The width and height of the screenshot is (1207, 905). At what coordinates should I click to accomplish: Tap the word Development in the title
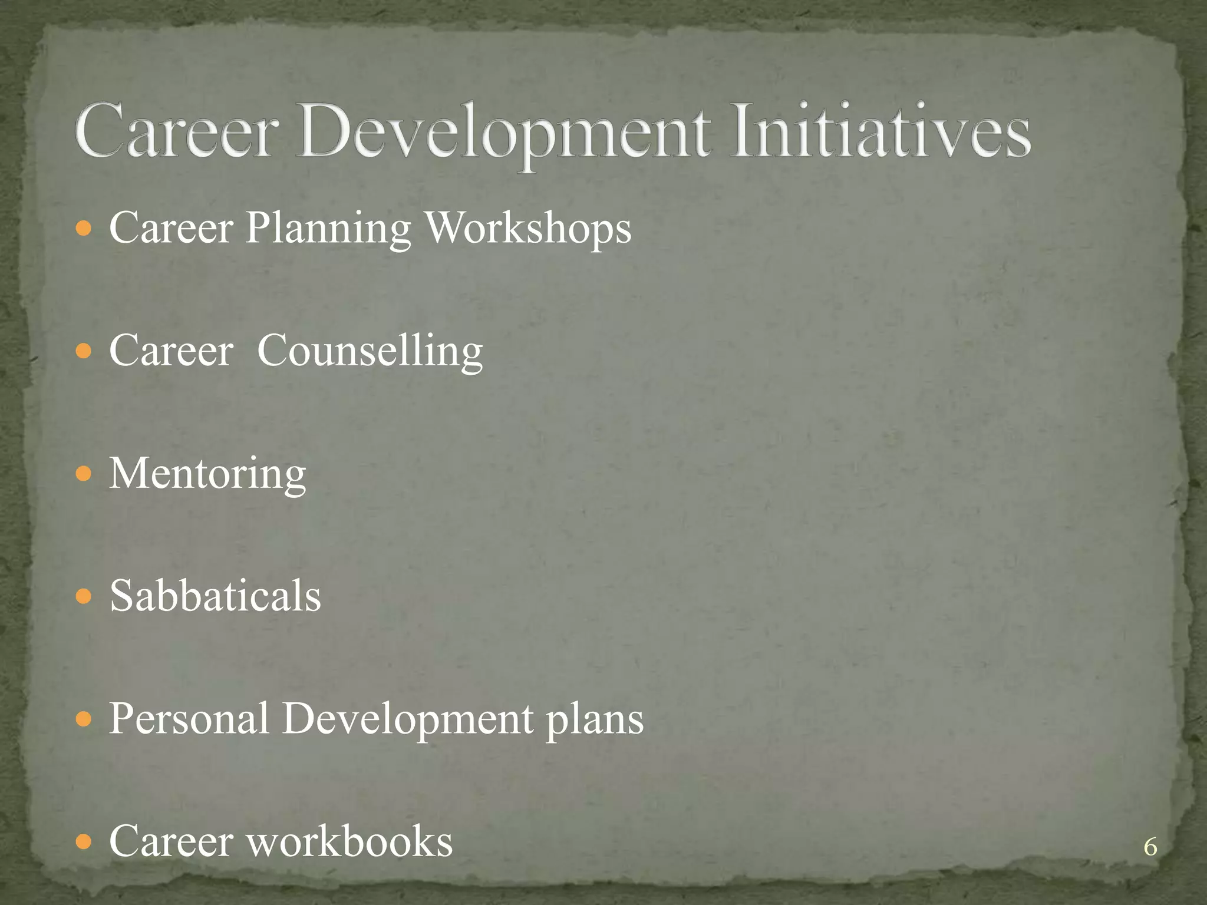[x=504, y=133]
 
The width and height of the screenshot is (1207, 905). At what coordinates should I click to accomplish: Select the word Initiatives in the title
[x=879, y=131]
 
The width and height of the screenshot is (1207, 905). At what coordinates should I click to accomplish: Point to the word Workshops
[x=528, y=228]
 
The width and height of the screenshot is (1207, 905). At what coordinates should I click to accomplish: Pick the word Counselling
[x=370, y=351]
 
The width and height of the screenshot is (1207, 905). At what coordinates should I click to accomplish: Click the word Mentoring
[x=207, y=474]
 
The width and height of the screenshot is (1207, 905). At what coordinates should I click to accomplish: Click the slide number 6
[x=1150, y=847]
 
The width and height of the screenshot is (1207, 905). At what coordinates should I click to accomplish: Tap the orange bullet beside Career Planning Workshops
[x=85, y=229]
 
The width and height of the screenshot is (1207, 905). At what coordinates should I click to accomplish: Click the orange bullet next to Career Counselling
[x=85, y=352]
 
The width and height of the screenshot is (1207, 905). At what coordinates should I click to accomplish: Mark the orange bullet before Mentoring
[x=85, y=474]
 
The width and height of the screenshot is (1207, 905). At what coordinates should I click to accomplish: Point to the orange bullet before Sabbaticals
[x=85, y=597]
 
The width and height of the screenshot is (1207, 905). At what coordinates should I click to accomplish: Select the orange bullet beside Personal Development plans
[x=85, y=719]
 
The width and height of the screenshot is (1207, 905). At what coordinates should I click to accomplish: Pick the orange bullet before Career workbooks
[x=85, y=842]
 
